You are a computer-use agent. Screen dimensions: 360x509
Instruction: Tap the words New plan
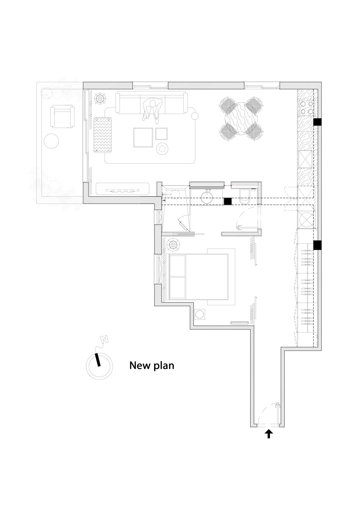[152, 365]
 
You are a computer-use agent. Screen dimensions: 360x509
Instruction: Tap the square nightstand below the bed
[200, 314]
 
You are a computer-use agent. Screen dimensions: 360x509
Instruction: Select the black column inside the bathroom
[228, 201]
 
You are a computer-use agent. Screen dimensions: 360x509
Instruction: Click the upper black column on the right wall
[317, 122]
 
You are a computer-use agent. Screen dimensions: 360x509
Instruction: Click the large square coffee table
[143, 137]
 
